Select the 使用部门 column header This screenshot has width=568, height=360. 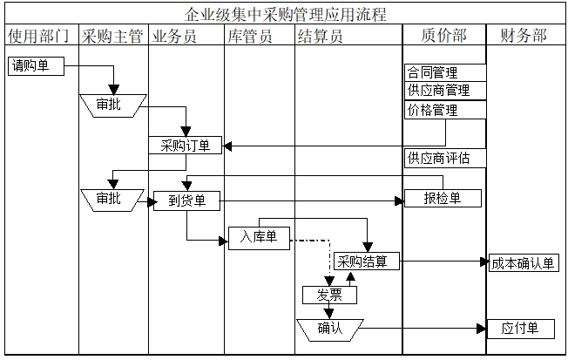[38, 36]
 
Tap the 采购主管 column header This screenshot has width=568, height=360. [113, 36]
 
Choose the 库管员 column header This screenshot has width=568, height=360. [249, 36]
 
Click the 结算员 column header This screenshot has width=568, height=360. [320, 36]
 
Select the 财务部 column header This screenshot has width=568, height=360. [524, 36]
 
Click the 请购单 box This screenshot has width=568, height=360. [35, 66]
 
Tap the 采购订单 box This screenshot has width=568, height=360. [186, 146]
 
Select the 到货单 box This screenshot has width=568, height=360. [186, 201]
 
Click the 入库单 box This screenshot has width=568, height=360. [259, 237]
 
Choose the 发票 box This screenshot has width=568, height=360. [329, 295]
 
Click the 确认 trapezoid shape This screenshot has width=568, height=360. [329, 329]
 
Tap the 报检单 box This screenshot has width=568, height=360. [443, 198]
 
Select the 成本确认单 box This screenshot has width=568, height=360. [523, 263]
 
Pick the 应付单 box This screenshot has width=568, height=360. [520, 329]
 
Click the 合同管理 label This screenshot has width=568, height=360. [433, 73]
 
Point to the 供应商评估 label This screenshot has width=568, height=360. [438, 158]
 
